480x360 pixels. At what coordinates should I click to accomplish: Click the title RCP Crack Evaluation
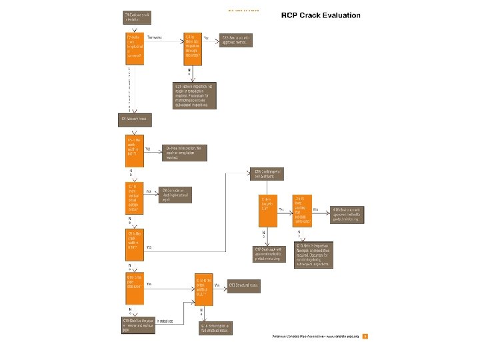pyautogui.click(x=321, y=15)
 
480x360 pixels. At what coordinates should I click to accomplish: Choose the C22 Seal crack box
pyautogui.click(x=237, y=39)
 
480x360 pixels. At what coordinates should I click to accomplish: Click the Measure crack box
pyautogui.click(x=134, y=118)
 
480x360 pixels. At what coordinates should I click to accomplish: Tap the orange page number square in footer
pyautogui.click(x=365, y=336)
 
